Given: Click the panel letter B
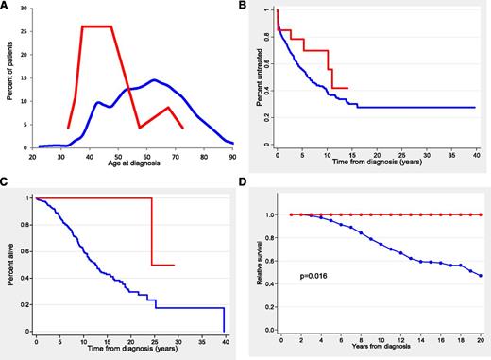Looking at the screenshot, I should (x=252, y=7).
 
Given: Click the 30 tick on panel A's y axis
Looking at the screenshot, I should (x=25, y=9).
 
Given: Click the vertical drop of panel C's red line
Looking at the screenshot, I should (x=152, y=231).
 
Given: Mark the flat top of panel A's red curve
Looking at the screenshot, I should (x=97, y=26).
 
